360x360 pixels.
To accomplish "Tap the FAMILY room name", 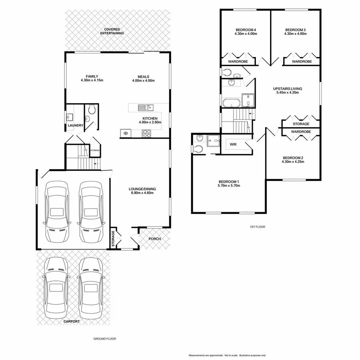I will coord(92,76).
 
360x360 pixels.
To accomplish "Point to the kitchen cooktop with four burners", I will coord(146,133).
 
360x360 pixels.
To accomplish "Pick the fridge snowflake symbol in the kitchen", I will coord(125,133).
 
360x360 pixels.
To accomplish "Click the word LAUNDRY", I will coord(75,126).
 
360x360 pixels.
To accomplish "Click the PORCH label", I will coord(154,239).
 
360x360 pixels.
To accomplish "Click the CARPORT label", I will coord(71,321).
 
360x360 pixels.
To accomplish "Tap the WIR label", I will coord(232,144).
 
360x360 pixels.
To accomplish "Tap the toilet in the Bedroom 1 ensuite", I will coord(198,149).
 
